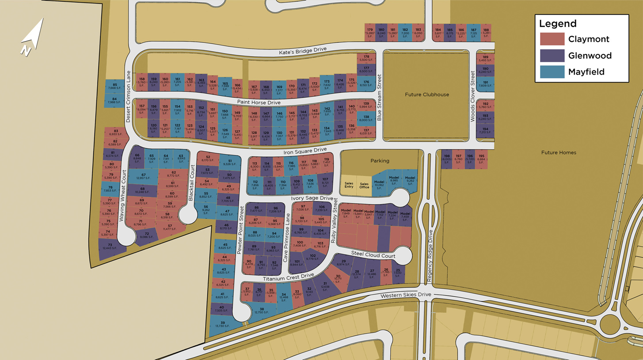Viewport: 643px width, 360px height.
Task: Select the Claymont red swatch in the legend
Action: (x=552, y=39)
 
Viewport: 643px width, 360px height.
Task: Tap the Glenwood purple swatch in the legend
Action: (x=552, y=56)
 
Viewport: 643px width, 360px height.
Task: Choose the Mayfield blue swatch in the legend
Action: (x=552, y=72)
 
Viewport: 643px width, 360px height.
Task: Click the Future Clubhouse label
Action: (x=426, y=95)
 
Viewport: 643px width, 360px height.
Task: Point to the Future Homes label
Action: (x=559, y=152)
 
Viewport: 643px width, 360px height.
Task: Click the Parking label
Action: (x=380, y=161)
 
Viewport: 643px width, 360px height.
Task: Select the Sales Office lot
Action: (x=364, y=185)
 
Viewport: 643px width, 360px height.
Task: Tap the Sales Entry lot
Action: (x=349, y=185)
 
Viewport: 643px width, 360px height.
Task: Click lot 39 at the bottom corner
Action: (x=223, y=325)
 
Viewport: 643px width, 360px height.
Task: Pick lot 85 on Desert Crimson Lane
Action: (x=115, y=86)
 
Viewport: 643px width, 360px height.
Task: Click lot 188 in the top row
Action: (x=486, y=32)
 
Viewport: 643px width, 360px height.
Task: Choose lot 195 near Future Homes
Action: (x=481, y=159)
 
